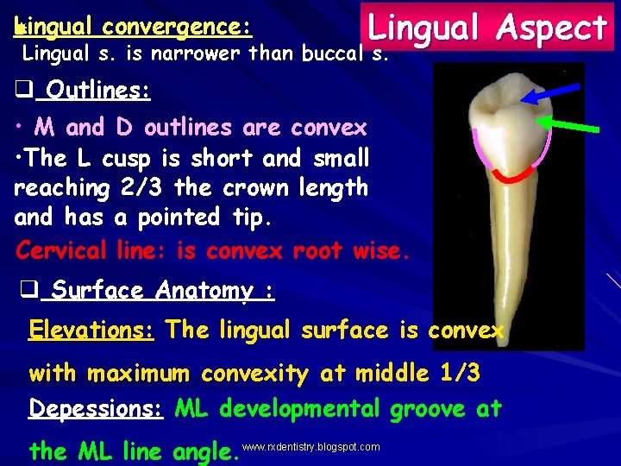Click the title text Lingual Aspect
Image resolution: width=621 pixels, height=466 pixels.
487,28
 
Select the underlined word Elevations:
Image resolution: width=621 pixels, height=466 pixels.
91,330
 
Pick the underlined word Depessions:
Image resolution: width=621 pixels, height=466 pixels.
96,408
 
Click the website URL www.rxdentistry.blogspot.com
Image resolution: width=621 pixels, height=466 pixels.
311,447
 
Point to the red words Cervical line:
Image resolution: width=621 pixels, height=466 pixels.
92,250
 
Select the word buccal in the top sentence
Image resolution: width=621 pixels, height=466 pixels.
333,54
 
